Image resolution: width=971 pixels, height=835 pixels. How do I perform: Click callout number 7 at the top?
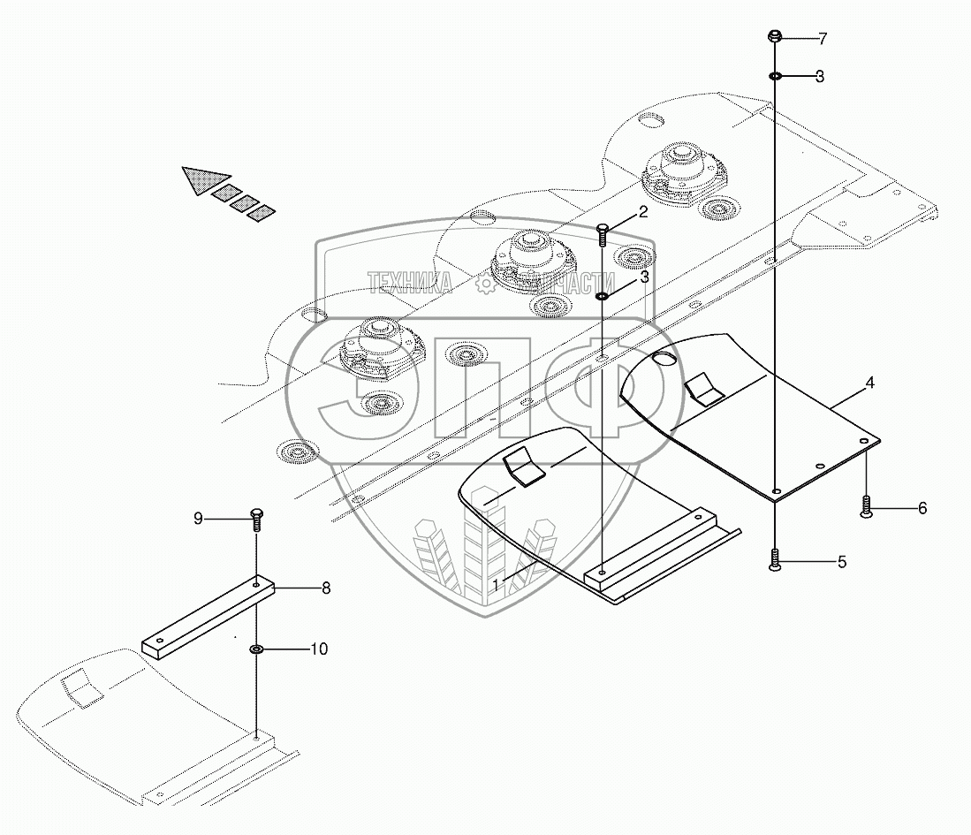pos(823,38)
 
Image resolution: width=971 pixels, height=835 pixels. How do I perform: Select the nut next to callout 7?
pos(774,37)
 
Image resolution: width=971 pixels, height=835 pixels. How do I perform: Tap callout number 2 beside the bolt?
pos(643,211)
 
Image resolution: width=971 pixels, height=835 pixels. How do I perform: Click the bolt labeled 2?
pos(603,236)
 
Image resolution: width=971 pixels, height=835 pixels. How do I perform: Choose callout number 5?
pos(841,561)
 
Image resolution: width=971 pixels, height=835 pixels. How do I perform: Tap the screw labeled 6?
pos(866,506)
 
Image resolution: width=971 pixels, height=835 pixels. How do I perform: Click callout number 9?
pos(198,519)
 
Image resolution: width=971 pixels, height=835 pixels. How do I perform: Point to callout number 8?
pos(325,588)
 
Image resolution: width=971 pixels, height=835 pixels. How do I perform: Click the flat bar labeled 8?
pos(208,613)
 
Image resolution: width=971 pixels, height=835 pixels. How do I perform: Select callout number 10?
pos(318,649)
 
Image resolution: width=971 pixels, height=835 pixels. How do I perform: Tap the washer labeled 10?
pos(256,650)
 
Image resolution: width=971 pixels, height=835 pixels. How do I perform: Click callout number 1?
pos(498,584)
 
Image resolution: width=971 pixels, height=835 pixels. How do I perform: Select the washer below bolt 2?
pos(602,296)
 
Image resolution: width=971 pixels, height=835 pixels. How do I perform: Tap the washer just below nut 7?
pos(774,77)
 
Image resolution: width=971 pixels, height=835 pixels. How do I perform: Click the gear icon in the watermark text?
pos(485,283)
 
